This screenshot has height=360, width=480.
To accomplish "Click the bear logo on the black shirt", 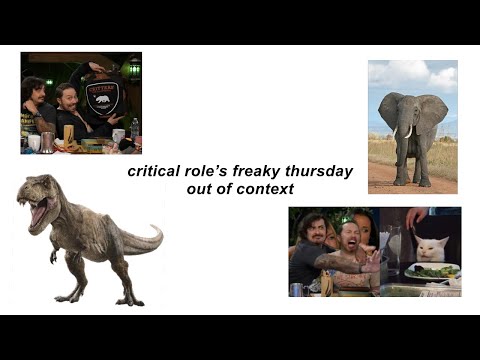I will pyautogui.click(x=102, y=98).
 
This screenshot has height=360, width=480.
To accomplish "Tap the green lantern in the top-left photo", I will pyautogui.click(x=134, y=68).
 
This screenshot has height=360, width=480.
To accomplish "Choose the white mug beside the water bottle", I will pyautogui.click(x=119, y=135).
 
